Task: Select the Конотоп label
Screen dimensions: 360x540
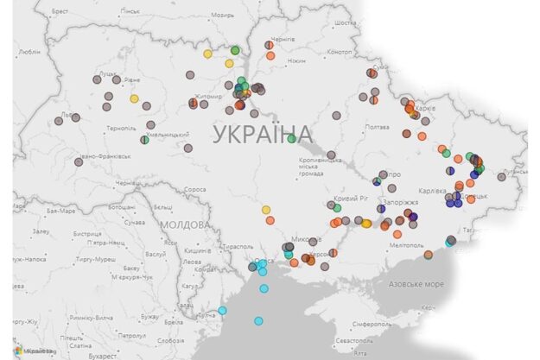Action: click(x=340, y=52)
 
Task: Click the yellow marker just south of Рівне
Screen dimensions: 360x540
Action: click(x=134, y=98)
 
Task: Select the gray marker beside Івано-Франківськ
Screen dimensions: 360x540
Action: click(x=78, y=161)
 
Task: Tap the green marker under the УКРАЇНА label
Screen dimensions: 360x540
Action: click(x=292, y=138)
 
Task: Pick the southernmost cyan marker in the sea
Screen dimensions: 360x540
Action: click(x=258, y=321)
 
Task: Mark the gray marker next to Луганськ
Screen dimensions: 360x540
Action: click(x=501, y=177)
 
